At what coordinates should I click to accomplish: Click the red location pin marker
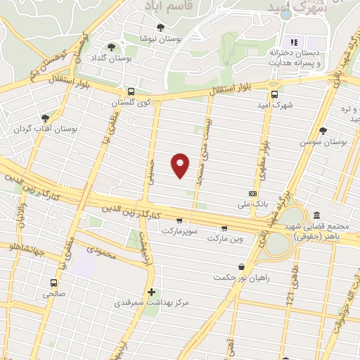[x=181, y=164]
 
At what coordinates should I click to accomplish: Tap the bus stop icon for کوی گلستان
[x=131, y=91]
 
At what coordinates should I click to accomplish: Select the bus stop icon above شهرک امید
[x=274, y=94]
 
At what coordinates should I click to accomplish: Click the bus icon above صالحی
[x=53, y=282]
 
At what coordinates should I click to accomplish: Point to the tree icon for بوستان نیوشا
[x=161, y=28]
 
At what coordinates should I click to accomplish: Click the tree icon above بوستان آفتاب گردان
[x=46, y=118]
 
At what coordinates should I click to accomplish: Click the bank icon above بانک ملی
[x=253, y=193]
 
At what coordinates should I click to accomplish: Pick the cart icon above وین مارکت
[x=224, y=228]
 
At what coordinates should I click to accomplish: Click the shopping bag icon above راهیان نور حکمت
[x=243, y=266]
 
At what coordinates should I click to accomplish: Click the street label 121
[x=289, y=300]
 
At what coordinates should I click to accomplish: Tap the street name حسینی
[x=148, y=170]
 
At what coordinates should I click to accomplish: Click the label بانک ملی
[x=233, y=205]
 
